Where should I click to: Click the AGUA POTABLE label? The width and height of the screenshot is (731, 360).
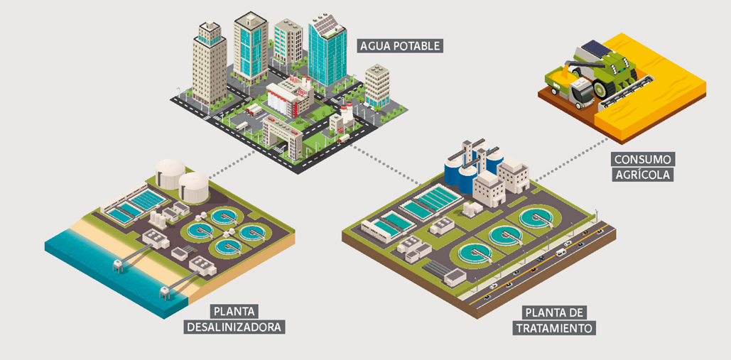(x=401, y=45)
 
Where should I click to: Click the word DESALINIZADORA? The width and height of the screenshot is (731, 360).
(x=234, y=327)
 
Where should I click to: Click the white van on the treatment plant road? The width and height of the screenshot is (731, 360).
(x=561, y=251)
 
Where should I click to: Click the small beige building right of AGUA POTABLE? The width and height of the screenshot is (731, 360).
(x=377, y=86)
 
